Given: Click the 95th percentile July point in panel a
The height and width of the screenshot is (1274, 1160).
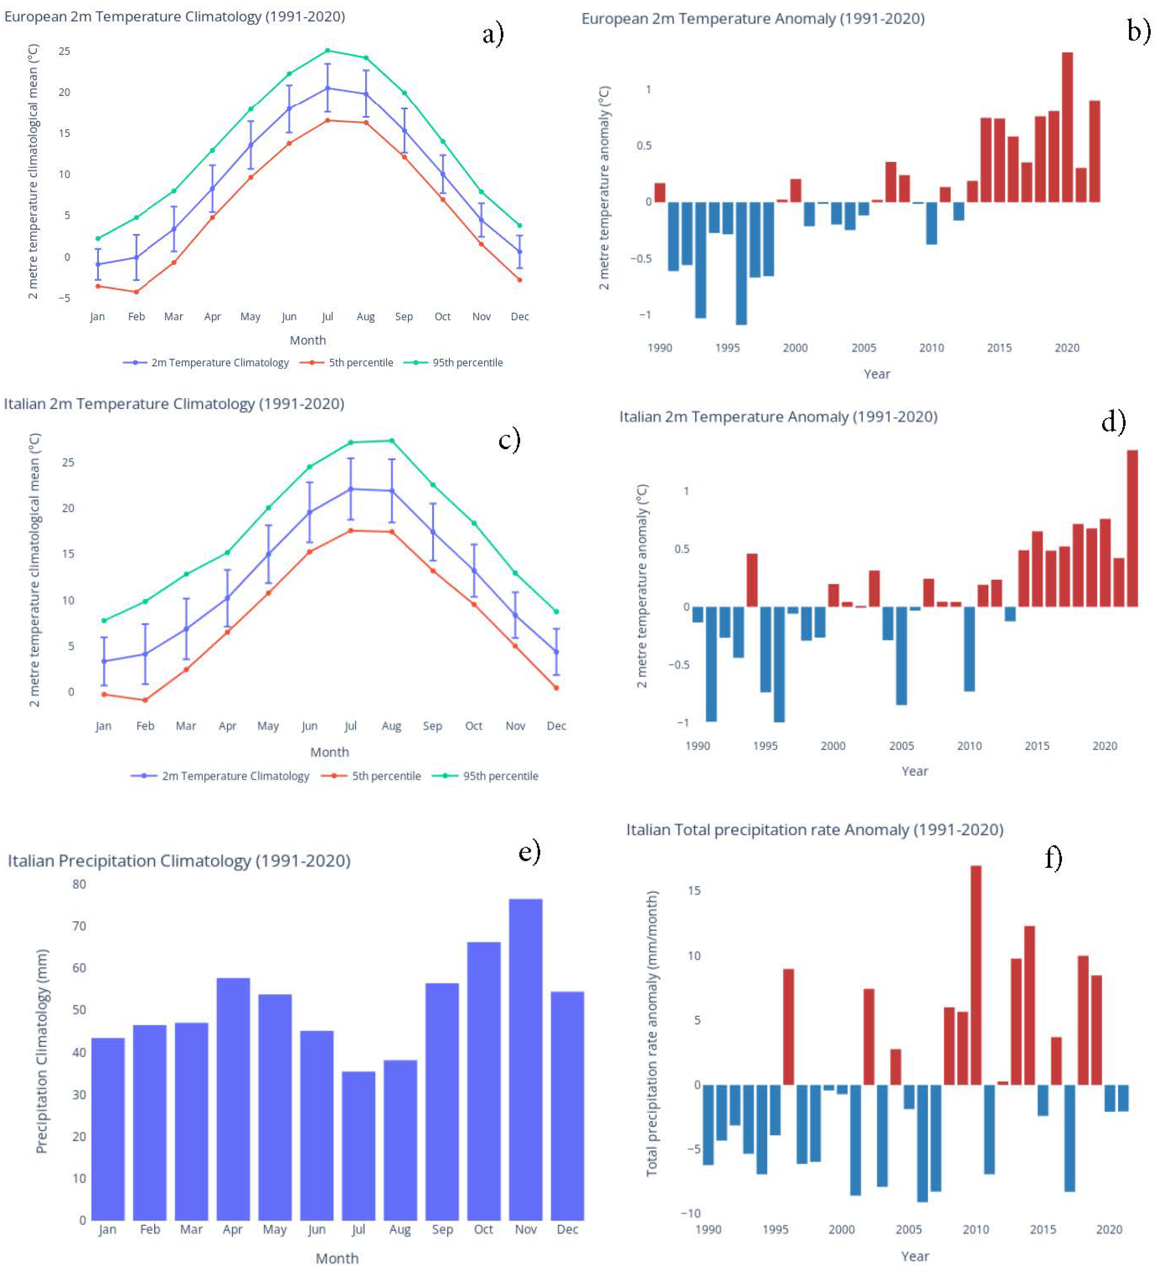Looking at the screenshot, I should (x=327, y=51).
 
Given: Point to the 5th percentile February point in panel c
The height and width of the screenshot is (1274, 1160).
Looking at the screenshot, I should (x=145, y=700).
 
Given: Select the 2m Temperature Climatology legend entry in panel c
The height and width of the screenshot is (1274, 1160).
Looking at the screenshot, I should (x=235, y=776).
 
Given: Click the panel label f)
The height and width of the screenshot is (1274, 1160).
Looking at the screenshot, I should (x=1053, y=858).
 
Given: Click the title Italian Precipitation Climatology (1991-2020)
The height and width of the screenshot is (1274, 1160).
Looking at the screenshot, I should (x=179, y=860).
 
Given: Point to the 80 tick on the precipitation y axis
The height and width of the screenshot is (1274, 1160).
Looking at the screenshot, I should (x=79, y=884).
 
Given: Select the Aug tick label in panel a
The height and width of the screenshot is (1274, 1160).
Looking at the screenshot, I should (x=365, y=316).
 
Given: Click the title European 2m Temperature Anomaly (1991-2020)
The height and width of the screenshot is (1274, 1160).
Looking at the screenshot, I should (x=752, y=19).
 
